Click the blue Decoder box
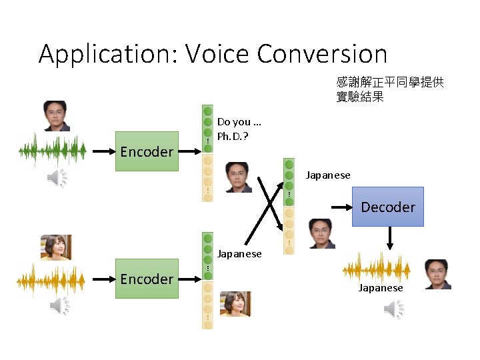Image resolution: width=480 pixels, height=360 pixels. click(387, 207)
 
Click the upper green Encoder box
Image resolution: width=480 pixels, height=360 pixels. click(147, 151)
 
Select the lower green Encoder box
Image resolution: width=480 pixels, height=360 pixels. click(147, 279)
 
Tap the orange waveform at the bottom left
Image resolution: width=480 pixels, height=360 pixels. click(52, 279)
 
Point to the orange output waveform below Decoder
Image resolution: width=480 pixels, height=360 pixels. click(377, 267)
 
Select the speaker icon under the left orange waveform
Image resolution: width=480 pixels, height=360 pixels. click(59, 306)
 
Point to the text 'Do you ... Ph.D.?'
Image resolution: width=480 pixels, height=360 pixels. click(239, 128)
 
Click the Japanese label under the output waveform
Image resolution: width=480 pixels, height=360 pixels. click(381, 288)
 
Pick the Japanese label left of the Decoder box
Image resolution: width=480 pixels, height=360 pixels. click(328, 175)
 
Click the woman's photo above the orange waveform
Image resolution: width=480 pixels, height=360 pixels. click(56, 247)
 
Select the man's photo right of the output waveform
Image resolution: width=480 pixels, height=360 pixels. click(438, 274)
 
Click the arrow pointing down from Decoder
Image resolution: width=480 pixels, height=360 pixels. click(389, 237)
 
